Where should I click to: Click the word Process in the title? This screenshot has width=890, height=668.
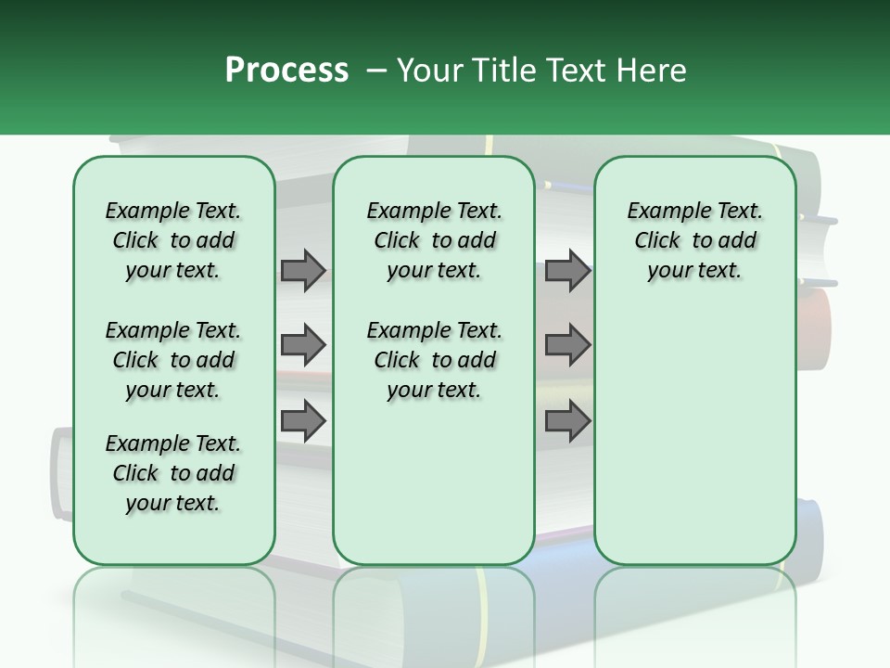286,70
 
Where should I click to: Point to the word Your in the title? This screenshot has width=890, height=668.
429,71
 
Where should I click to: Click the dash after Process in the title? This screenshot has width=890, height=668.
376,71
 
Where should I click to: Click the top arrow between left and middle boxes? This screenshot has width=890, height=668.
303,270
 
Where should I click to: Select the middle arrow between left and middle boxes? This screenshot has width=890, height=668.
303,345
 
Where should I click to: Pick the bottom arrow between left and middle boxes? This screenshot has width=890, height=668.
303,420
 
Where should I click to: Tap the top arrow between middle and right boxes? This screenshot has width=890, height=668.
567,270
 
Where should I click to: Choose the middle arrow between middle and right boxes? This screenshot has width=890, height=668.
567,345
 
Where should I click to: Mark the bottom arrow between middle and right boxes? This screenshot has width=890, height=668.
567,420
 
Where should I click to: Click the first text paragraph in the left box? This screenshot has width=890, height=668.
173,240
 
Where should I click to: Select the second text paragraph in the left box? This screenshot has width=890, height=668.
173,360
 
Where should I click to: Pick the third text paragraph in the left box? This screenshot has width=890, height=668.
173,473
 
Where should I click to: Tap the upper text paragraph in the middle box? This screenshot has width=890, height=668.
434,240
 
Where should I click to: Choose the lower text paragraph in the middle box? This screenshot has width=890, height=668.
434,360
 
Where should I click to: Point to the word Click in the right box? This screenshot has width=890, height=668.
657,240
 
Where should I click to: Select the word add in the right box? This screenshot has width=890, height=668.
738,240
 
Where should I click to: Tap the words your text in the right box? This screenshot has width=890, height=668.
694,270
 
